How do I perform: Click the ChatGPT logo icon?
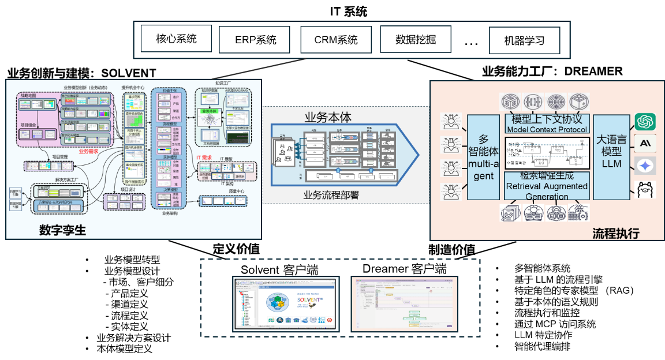(645, 122)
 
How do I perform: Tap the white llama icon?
(645, 189)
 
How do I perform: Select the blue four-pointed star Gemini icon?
(645, 166)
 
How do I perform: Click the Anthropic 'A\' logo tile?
(645, 144)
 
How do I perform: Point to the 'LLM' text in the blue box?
(611, 164)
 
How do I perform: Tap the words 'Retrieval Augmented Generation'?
(547, 191)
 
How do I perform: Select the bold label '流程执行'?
(615, 233)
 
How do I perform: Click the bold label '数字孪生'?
(62, 230)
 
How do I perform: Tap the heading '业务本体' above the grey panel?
(328, 118)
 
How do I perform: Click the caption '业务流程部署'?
(331, 195)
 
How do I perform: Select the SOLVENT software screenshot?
(286, 303)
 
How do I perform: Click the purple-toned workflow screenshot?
(404, 303)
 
